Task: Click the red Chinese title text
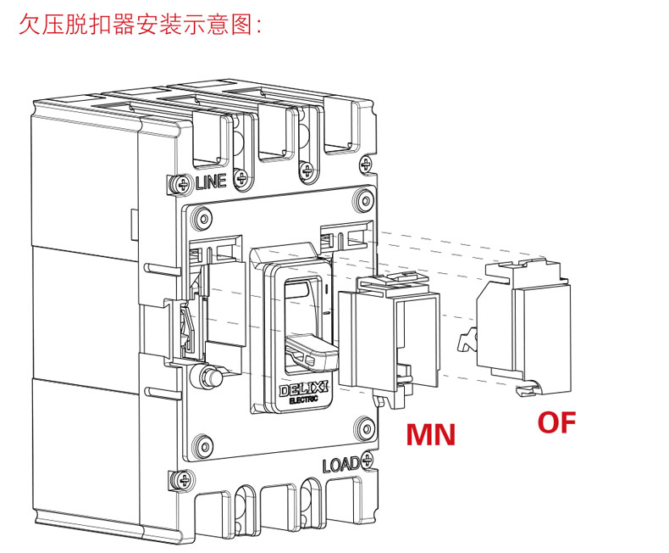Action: click(x=140, y=24)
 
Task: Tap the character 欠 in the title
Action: click(x=30, y=24)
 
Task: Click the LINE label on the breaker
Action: click(x=211, y=182)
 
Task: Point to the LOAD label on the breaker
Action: click(x=340, y=465)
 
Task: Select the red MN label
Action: click(x=430, y=434)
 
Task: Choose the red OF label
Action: click(x=556, y=422)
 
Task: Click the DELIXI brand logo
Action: click(x=304, y=388)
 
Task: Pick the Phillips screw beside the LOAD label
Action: click(x=367, y=460)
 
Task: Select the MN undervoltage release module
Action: click(x=389, y=338)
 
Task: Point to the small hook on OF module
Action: click(x=467, y=340)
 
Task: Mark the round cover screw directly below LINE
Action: click(x=203, y=219)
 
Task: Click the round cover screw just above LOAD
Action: click(x=365, y=427)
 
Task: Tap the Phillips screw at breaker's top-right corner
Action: click(x=366, y=164)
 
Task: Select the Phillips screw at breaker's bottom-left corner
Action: click(x=185, y=480)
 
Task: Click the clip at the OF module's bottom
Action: click(x=528, y=389)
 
